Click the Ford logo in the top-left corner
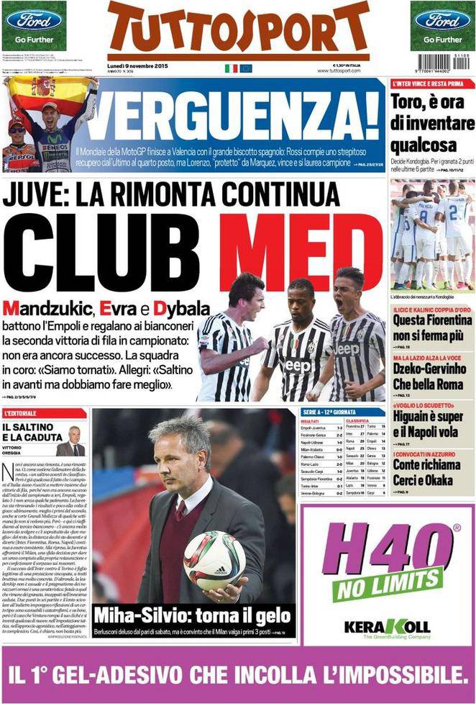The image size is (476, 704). [34, 19]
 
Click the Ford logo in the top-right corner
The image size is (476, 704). [442, 19]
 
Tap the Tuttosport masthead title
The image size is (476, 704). [239, 28]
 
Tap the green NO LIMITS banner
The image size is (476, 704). [388, 584]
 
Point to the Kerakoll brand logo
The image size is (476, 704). [387, 625]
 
